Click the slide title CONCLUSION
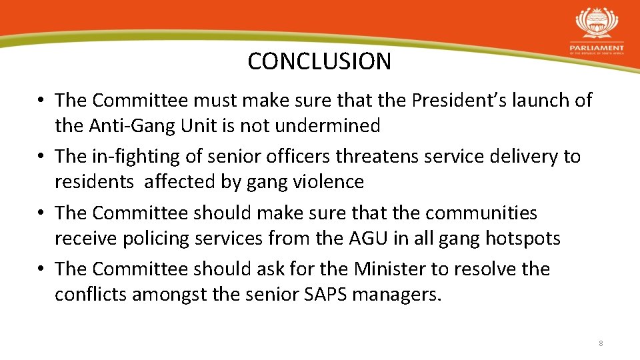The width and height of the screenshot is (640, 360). point(319,61)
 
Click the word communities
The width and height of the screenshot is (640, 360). point(481,213)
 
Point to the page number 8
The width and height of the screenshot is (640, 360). point(601,343)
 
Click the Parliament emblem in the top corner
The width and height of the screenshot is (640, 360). point(597,24)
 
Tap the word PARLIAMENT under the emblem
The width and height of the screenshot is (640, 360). point(597,48)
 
